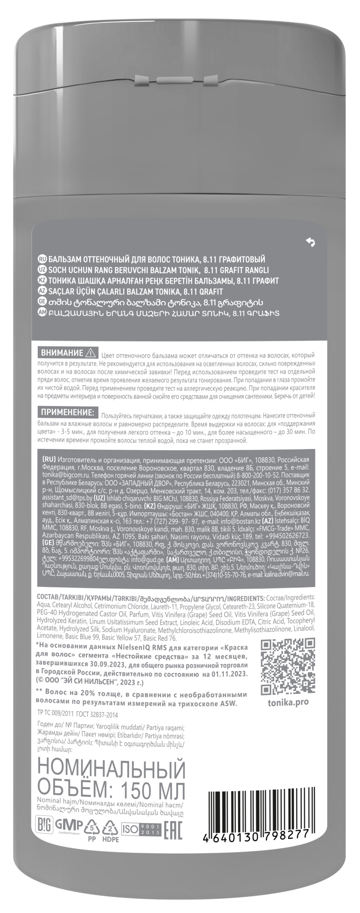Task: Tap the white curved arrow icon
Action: tap(310, 243)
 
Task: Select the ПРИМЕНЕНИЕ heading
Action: tap(66, 412)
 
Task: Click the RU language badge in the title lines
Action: tap(42, 259)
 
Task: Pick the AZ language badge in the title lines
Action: tap(42, 291)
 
